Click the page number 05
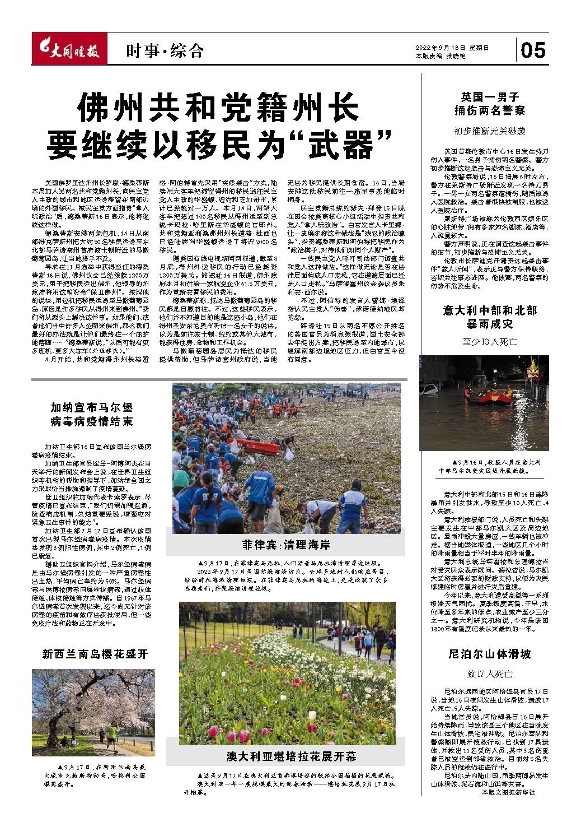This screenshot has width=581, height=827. tap(532, 50)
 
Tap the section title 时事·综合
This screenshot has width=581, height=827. tap(165, 52)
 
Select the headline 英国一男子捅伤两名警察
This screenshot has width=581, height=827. tap(489, 104)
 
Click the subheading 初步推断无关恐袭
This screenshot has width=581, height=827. tap(489, 131)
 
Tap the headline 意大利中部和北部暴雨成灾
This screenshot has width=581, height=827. tap(489, 317)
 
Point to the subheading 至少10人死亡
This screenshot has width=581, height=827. tap(489, 341)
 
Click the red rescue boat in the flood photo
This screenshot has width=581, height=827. tap(494, 396)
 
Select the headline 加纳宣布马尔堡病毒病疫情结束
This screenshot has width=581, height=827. tap(92, 414)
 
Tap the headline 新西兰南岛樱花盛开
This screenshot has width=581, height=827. tap(95, 654)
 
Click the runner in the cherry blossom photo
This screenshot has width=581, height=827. tap(111, 732)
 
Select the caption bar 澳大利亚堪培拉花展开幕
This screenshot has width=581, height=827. tap(291, 756)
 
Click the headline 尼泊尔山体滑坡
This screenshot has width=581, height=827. tap(489, 654)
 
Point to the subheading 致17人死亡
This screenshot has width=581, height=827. tap(489, 673)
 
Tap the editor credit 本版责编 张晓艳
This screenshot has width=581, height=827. tap(441, 57)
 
